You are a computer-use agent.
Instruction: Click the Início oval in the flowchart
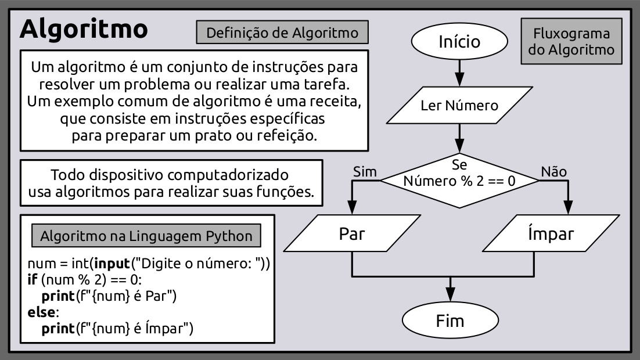click(459, 42)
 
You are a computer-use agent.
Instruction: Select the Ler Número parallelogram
click(459, 106)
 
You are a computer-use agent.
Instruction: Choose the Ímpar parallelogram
click(551, 234)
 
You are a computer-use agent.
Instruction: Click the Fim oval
click(451, 320)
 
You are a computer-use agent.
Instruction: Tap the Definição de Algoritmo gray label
click(282, 33)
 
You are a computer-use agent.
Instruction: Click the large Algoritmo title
click(84, 29)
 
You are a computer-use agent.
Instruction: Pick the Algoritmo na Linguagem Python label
click(146, 236)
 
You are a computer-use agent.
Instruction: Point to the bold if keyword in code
click(31, 280)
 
